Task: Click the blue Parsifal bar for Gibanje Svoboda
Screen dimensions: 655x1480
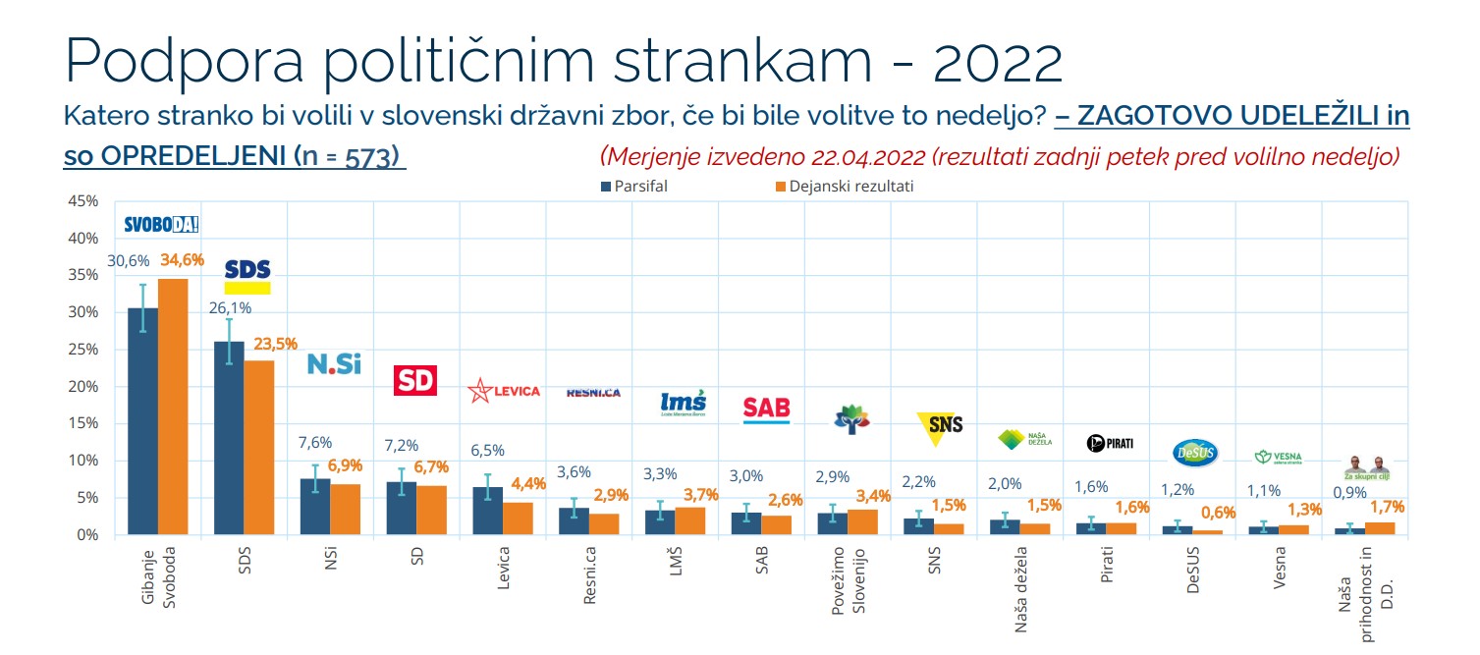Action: [143, 422]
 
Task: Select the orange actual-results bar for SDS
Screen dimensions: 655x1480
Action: [259, 448]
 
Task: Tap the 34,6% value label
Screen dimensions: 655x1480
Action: [182, 260]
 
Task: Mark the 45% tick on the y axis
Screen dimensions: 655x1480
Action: [82, 201]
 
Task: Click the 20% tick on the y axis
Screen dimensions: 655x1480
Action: [82, 386]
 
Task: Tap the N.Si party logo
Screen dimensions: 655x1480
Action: [334, 364]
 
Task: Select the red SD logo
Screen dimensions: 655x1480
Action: [414, 380]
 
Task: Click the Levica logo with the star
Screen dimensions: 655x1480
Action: [504, 391]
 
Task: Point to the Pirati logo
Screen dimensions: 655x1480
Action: [1110, 443]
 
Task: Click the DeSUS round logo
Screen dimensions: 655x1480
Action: [1195, 451]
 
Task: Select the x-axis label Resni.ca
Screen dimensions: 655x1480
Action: [589, 574]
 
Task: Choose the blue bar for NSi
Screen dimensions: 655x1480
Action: [316, 507]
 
